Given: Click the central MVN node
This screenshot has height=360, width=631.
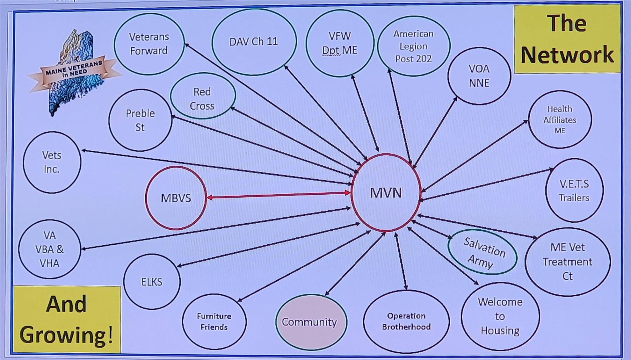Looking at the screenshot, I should [386, 193].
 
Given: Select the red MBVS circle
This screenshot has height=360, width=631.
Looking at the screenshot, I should [176, 198].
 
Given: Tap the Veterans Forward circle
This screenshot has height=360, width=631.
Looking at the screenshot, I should [149, 44].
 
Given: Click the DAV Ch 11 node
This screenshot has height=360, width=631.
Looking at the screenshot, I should [254, 42].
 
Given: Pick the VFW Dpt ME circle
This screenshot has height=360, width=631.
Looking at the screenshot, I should [340, 43].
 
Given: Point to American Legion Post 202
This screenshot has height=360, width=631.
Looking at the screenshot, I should [413, 46].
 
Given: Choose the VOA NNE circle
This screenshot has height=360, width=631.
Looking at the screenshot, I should [479, 76].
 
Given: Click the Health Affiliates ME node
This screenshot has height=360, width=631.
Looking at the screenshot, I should [560, 119].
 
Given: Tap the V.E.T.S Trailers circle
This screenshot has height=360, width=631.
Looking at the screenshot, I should [574, 191].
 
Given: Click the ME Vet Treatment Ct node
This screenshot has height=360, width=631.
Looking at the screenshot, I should [568, 262].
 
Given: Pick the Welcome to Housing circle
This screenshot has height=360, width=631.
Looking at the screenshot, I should [500, 316].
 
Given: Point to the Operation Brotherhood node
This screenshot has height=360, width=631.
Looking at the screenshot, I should [406, 321].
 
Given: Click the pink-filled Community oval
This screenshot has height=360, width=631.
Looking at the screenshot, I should [309, 322].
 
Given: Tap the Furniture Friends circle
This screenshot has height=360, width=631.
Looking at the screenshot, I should [214, 321].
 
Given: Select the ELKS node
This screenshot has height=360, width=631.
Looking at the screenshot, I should [152, 282].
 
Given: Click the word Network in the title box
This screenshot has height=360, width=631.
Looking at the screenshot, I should [567, 55].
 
